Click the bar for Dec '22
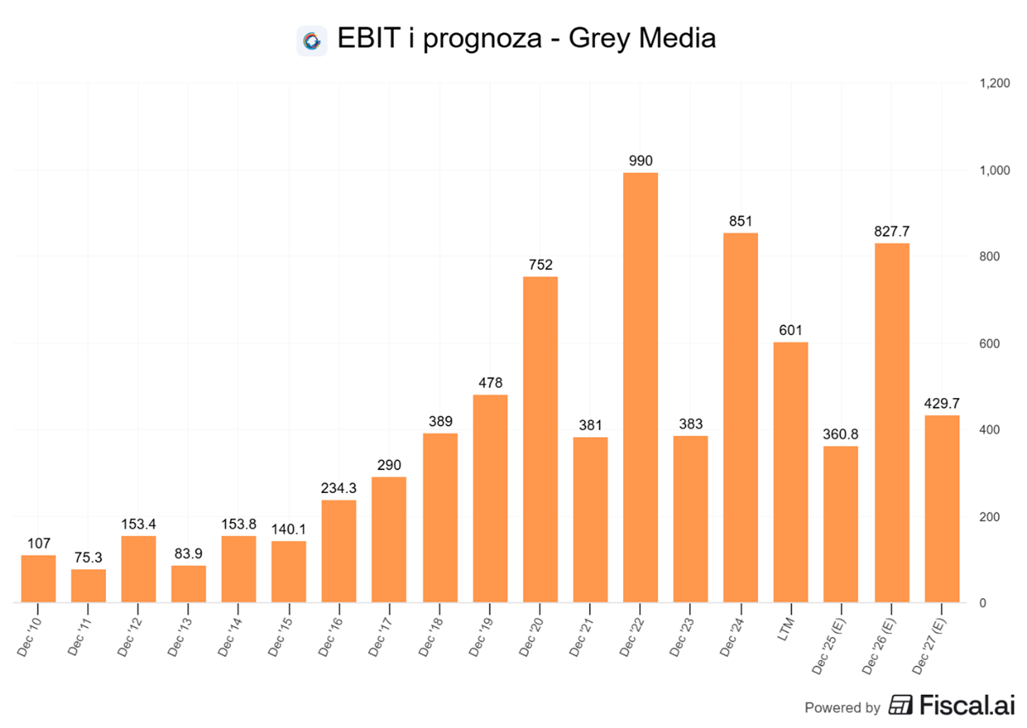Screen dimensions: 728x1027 point(640,387)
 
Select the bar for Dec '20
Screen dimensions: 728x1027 point(540,440)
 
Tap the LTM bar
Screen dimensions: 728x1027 point(791,472)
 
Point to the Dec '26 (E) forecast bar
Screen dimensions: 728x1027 point(891,423)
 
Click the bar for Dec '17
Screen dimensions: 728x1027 point(389,540)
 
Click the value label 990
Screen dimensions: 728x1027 point(640,160)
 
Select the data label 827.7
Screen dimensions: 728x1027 point(891,231)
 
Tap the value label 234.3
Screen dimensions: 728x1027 point(339,488)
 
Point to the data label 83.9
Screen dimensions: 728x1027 point(188,553)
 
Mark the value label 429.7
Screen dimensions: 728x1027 point(941,403)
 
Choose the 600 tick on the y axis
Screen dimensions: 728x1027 point(988,344)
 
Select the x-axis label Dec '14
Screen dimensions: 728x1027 point(232,630)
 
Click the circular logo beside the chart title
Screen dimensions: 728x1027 point(311,40)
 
